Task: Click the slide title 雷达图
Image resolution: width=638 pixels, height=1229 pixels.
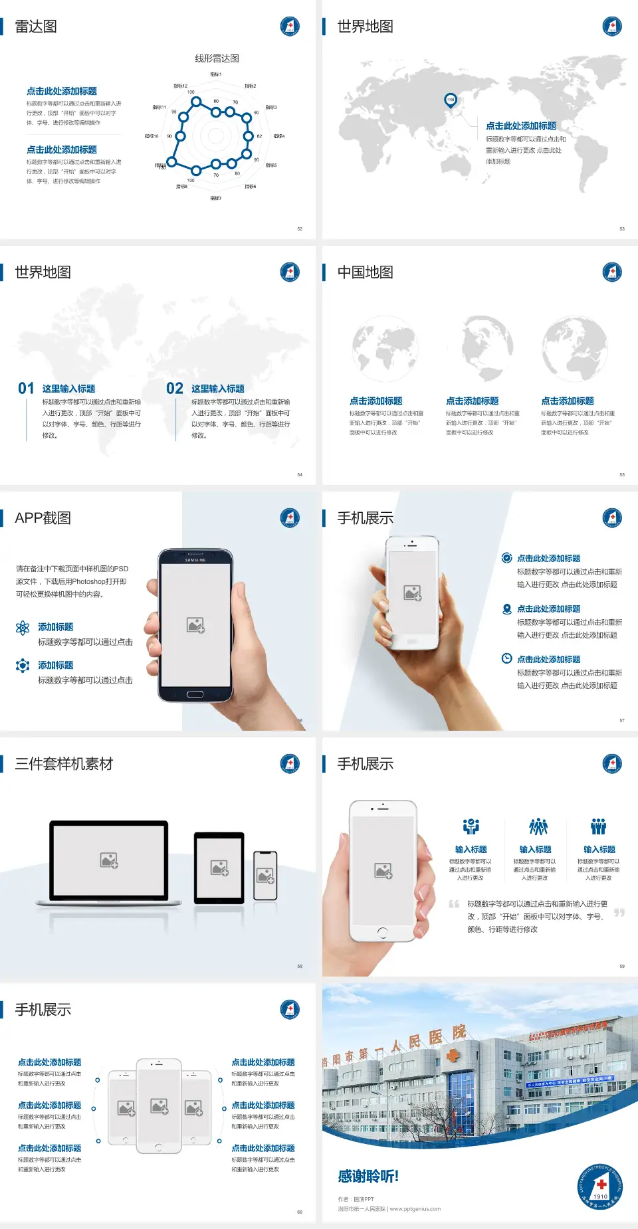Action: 36,27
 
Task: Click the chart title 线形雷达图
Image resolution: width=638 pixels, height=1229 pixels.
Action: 217,58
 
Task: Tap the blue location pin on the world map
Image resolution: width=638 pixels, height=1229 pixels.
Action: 451,100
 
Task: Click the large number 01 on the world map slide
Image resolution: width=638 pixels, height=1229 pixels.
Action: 26,389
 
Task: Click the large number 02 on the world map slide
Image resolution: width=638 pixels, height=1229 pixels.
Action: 175,389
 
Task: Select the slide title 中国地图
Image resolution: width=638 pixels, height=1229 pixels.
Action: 365,272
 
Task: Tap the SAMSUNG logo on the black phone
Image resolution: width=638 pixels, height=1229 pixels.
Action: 195,560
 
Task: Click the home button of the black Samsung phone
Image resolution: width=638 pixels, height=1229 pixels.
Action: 195,694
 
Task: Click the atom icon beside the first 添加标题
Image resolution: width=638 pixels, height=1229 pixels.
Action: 23,628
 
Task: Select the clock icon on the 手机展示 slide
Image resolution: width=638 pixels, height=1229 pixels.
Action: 506,658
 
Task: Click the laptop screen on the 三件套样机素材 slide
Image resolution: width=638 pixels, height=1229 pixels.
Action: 109,860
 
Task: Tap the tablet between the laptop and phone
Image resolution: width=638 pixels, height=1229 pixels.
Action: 219,867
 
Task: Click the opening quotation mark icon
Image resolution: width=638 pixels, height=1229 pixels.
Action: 454,904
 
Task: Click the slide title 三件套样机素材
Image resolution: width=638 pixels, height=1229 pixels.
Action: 64,764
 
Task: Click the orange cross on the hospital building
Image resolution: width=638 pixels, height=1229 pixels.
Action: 453,1055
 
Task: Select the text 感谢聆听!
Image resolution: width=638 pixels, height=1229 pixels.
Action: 368,1177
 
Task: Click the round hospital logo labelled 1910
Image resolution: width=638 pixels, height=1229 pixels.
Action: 600,1186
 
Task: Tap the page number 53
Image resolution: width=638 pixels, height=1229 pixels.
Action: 622,229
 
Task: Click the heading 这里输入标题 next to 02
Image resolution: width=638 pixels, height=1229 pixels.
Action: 218,389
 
